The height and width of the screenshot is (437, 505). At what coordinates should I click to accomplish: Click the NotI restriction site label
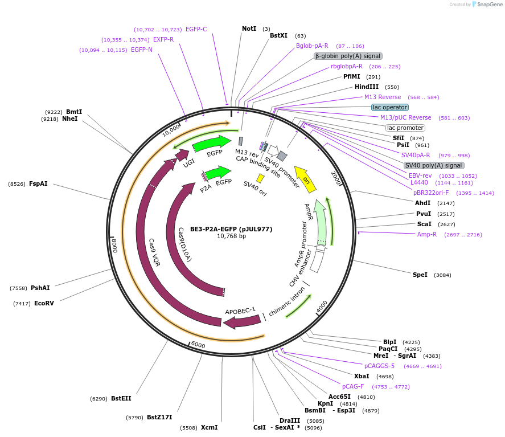tap(249, 28)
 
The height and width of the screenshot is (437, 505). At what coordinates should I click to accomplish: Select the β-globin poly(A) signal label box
tap(348, 56)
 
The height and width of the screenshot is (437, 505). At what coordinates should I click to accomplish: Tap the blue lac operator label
tap(390, 107)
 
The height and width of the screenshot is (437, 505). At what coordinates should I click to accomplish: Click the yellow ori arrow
tap(305, 179)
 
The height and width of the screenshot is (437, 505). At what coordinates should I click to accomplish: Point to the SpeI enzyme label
tap(420, 275)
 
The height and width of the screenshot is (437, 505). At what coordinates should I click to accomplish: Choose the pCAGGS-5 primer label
tap(379, 366)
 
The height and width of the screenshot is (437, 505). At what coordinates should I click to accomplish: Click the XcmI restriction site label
tap(209, 427)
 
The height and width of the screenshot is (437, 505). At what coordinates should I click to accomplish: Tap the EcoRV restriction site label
tap(44, 303)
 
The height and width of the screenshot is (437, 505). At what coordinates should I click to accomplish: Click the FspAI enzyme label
tap(38, 183)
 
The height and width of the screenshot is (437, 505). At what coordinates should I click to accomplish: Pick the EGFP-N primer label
tap(142, 50)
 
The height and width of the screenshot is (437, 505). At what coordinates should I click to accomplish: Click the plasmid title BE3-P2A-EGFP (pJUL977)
tap(231, 229)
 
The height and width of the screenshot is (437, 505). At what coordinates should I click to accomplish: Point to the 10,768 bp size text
tap(231, 236)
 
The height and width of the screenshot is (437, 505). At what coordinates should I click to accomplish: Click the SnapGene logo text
tap(489, 5)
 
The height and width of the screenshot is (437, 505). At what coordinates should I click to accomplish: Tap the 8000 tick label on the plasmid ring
tap(114, 246)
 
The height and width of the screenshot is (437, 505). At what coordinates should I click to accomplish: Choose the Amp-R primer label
tap(426, 234)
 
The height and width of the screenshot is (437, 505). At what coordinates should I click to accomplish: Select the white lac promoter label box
tap(405, 128)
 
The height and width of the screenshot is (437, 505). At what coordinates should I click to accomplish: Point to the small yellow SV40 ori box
tap(260, 178)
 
